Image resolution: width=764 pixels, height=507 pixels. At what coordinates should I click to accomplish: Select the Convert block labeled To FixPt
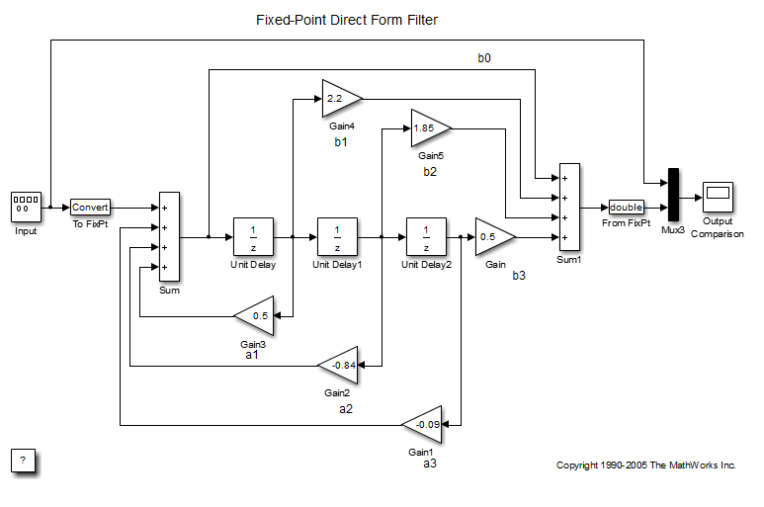90,208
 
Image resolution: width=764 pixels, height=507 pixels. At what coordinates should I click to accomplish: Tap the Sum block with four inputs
169,237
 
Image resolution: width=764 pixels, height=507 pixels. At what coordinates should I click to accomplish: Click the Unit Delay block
253,237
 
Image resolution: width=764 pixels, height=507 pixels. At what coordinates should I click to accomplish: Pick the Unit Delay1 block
337,237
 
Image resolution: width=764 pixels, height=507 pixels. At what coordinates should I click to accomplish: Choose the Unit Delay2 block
426,237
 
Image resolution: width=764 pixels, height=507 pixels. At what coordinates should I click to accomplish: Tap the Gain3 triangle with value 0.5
256,316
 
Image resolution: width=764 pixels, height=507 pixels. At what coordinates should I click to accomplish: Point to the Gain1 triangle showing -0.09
425,425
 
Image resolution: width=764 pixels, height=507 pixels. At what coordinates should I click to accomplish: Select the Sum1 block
569,208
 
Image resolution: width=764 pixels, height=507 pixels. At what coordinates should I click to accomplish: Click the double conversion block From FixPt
626,208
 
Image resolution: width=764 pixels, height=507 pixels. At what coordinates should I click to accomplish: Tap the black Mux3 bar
674,195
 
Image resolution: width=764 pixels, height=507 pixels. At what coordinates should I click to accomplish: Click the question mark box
25,461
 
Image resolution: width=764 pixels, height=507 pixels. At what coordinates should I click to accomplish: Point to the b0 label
484,59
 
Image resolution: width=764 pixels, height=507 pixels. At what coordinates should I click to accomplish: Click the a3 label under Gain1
429,463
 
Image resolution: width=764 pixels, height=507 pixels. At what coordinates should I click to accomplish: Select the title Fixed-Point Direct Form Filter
346,20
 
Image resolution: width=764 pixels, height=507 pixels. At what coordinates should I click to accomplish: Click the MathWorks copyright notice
646,465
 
